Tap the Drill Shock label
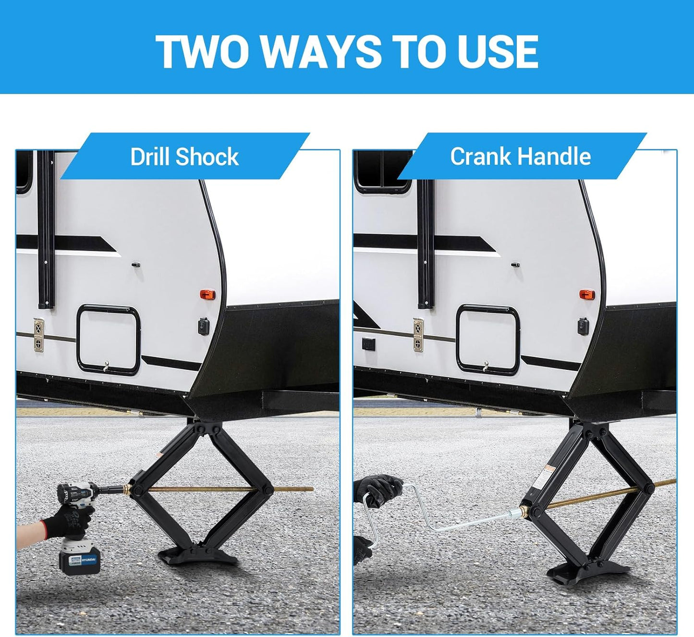click(184, 157)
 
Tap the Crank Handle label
click(520, 157)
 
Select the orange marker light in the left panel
click(207, 294)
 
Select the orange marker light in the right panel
click(585, 294)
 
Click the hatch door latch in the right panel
click(486, 367)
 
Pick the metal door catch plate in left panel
click(38, 335)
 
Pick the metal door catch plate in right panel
click(418, 335)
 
